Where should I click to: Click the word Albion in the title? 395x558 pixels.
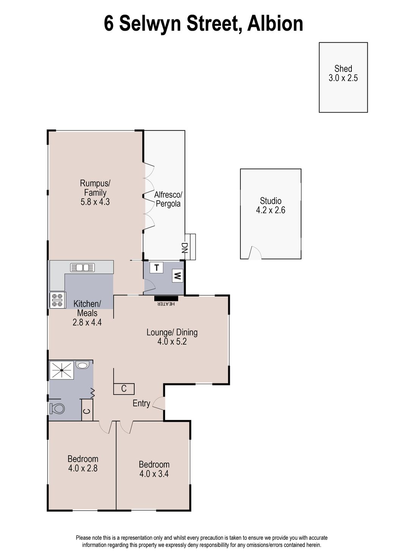[x=275, y=24]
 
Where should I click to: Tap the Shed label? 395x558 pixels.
[x=343, y=69]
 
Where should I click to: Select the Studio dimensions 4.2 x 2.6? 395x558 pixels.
[x=270, y=210]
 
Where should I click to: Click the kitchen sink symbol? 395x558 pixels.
[x=82, y=268]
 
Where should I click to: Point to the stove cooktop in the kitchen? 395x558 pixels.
[x=58, y=300]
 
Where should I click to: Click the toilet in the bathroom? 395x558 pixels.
[x=57, y=409]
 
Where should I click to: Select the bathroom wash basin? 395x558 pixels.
[x=82, y=365]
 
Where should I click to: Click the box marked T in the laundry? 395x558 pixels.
[x=156, y=268]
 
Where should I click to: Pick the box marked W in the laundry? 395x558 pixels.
[x=177, y=276]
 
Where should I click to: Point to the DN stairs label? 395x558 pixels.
[x=185, y=248]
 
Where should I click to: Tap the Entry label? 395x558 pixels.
[x=141, y=403]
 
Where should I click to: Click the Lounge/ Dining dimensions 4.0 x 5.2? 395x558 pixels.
[x=172, y=342]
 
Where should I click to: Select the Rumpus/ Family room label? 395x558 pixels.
[x=95, y=188]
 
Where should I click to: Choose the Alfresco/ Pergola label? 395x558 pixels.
[x=168, y=199]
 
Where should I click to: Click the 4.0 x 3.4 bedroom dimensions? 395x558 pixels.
[x=154, y=473]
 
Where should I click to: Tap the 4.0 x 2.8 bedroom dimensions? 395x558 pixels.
[x=83, y=468]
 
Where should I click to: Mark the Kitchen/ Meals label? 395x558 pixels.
[x=87, y=308]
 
